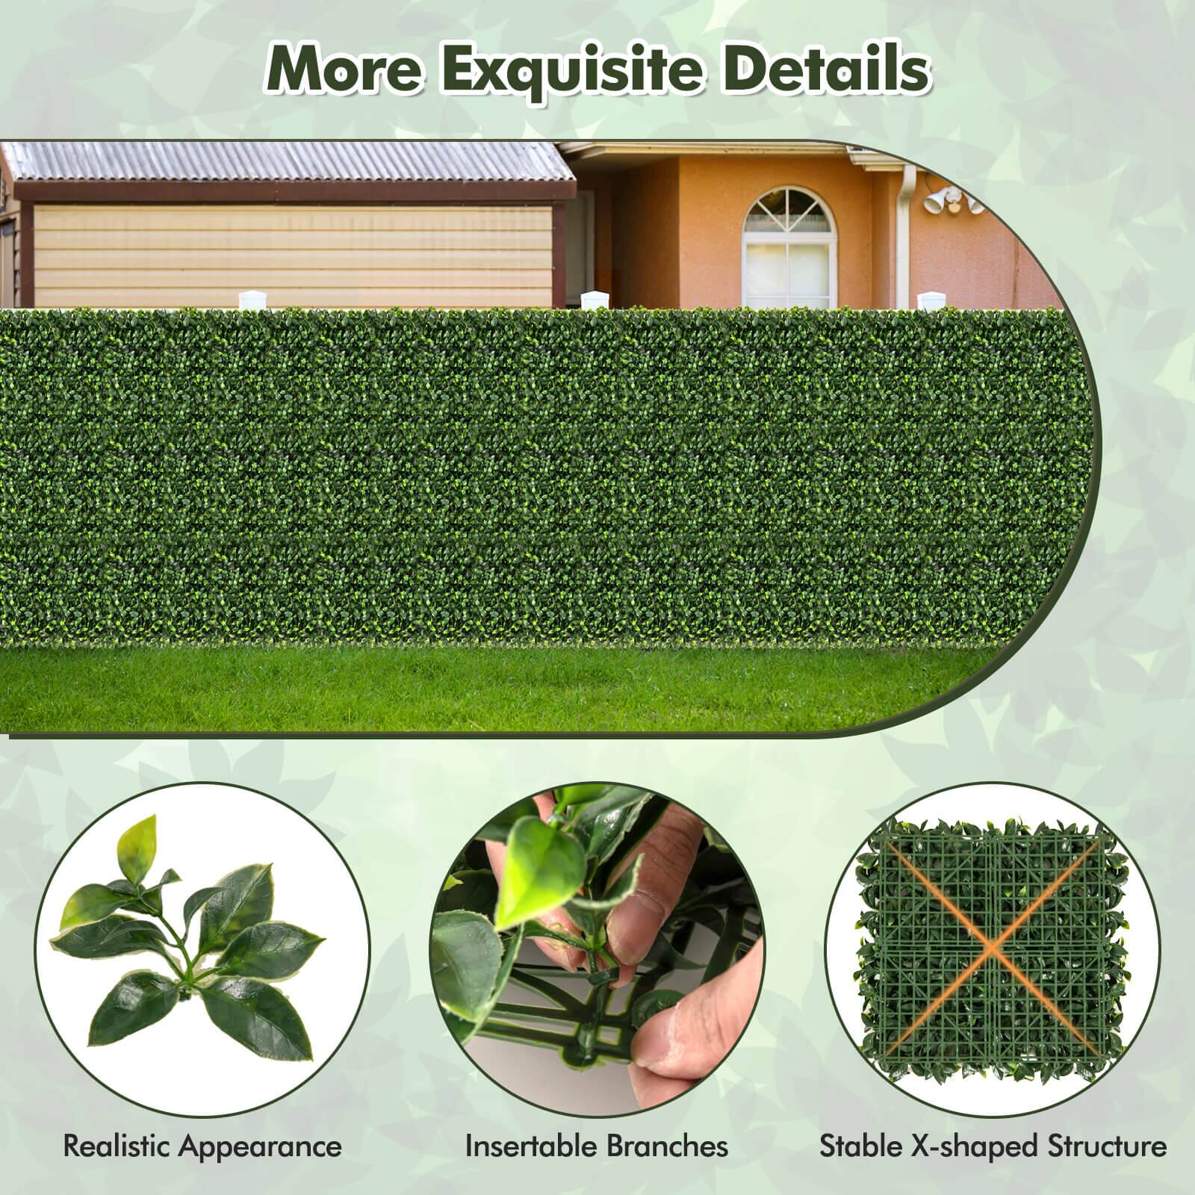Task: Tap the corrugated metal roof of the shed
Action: coord(291,163)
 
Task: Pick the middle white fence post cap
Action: coord(592,300)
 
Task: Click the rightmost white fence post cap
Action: coord(928,300)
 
